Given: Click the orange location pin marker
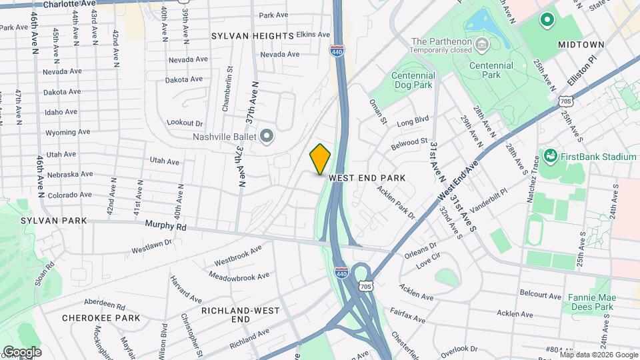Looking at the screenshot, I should pyautogui.click(x=320, y=159).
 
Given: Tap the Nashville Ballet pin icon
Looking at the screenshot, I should pyautogui.click(x=267, y=137).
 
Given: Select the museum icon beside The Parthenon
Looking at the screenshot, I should pyautogui.click(x=483, y=45).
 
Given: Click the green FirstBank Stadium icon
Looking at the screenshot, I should pyautogui.click(x=550, y=157).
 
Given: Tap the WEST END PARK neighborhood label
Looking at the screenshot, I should pyautogui.click(x=367, y=179).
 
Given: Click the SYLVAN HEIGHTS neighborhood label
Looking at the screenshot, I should pyautogui.click(x=253, y=35).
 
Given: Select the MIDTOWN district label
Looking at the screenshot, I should pyautogui.click(x=581, y=45).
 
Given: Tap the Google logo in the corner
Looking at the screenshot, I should pyautogui.click(x=21, y=351).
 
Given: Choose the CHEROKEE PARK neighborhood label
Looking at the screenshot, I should pyautogui.click(x=101, y=318).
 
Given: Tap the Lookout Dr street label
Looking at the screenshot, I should pyautogui.click(x=185, y=123).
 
